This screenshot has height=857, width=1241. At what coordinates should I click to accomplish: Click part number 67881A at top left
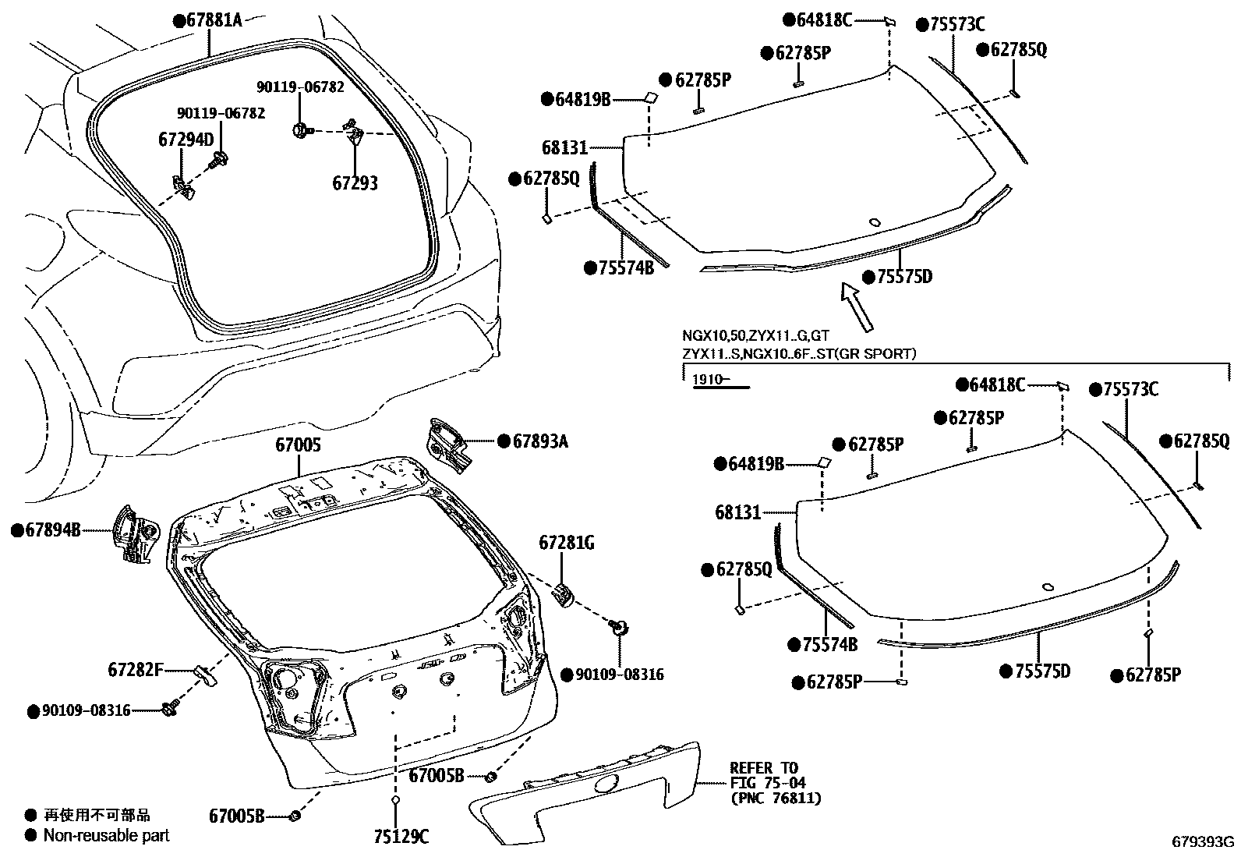pos(213,20)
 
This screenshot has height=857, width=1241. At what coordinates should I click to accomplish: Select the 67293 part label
pos(355,183)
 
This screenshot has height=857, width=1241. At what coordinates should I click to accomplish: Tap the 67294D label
pos(186,140)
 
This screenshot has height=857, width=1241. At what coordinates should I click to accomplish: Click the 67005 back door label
pos(298,445)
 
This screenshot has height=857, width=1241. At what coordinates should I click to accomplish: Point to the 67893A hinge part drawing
pos(447,446)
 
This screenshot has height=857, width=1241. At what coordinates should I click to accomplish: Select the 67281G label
pos(566,543)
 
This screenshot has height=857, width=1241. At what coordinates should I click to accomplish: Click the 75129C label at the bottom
pos(401,837)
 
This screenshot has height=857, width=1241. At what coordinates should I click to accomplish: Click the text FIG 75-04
pos(768,783)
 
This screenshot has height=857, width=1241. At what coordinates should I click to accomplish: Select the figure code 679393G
pos(1204,841)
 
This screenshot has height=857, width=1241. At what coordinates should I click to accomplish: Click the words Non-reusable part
pos(106,835)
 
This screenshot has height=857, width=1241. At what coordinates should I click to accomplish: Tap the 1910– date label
pos(709,379)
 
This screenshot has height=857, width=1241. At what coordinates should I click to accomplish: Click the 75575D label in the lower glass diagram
pos(1041,671)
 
